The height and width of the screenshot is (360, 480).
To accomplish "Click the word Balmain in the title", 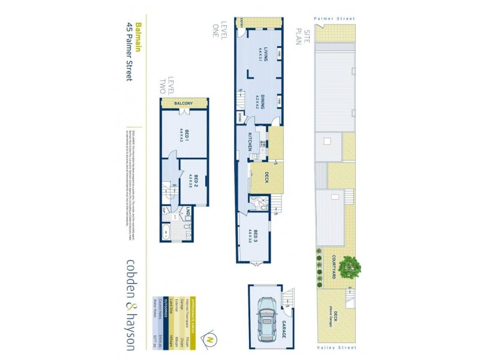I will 139,38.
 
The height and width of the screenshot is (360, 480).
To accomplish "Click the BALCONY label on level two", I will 184,103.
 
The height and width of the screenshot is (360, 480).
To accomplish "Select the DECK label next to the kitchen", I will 266,178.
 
